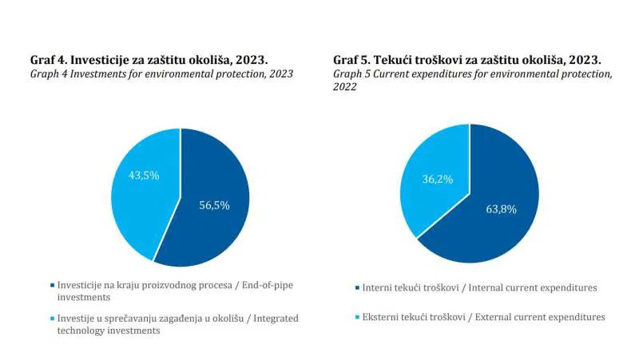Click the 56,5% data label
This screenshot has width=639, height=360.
(x=214, y=205)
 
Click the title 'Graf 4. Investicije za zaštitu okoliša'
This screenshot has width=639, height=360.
(x=148, y=60)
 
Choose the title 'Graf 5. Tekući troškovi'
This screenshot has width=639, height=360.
(x=467, y=60)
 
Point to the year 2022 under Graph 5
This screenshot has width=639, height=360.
(x=344, y=87)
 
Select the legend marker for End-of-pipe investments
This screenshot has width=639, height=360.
(x=53, y=285)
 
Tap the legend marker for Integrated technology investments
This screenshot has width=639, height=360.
(x=53, y=318)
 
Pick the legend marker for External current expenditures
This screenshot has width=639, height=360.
(x=356, y=317)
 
